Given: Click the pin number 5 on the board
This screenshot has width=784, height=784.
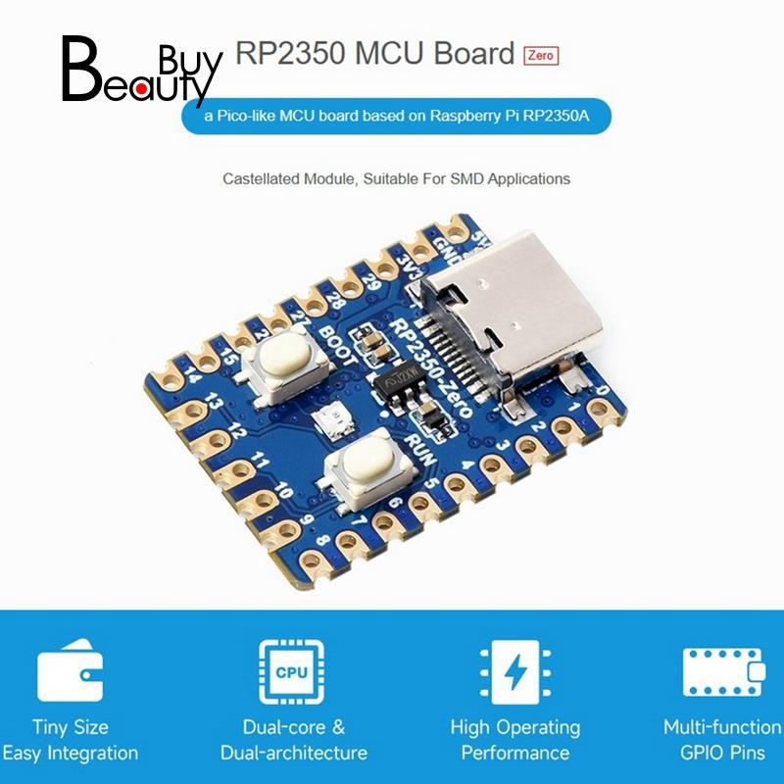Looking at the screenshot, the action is click(x=431, y=483).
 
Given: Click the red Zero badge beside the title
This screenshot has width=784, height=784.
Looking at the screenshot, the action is click(x=541, y=55).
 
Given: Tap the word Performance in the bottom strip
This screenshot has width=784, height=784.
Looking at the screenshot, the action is click(x=514, y=753).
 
